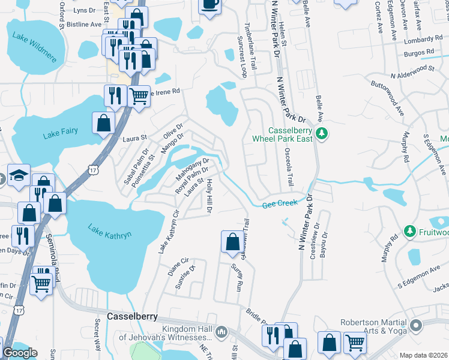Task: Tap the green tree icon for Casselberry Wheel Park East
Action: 322,133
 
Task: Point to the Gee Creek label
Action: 280,204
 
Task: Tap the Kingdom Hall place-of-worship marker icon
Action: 221,332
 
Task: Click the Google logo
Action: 20,353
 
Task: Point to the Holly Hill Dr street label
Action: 209,196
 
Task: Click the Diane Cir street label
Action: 179,265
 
